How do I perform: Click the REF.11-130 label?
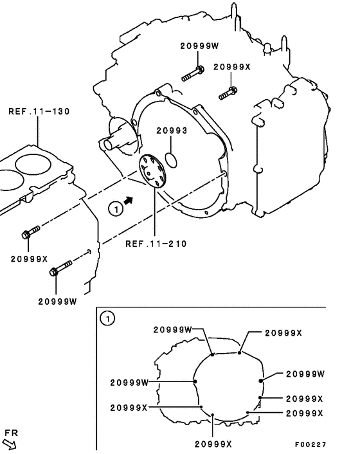[39, 111]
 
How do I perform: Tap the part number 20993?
[172, 131]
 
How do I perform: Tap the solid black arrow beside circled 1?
[129, 201]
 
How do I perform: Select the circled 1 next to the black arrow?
[114, 208]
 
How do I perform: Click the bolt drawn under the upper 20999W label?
[192, 73]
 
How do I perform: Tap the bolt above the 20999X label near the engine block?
[32, 233]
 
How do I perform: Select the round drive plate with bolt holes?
[152, 171]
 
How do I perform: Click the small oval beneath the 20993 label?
[172, 157]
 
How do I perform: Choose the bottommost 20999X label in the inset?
[213, 444]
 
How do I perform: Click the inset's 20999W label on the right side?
[305, 374]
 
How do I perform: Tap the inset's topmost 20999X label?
[283, 332]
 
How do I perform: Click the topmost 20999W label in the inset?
[173, 329]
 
